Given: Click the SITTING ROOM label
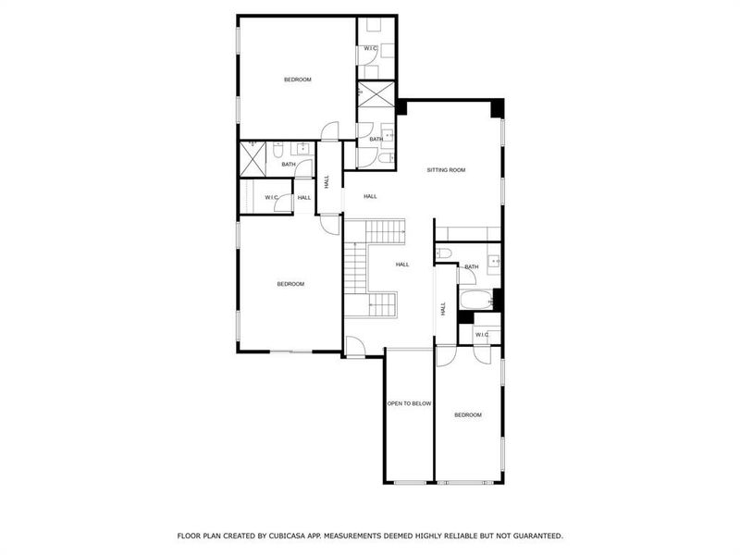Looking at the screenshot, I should coord(445,170).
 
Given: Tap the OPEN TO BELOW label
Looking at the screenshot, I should coord(409,404).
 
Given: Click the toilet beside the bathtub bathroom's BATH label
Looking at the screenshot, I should coord(443,253).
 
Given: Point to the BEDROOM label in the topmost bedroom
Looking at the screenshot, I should coord(297,80).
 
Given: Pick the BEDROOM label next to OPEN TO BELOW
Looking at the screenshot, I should coord(467,415).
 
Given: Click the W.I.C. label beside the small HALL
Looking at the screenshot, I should coord(272,197).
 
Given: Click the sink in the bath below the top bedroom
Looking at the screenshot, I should coord(302,147).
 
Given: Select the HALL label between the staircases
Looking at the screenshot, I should coord(402,265).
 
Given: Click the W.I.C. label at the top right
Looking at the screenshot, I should coord(369,48).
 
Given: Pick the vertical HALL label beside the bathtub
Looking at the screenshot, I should coord(443,308).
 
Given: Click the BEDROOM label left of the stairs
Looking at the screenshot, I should coord(290,284).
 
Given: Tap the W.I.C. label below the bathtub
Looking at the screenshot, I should coord(482,334).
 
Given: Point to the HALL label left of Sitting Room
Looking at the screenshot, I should coord(370,196).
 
